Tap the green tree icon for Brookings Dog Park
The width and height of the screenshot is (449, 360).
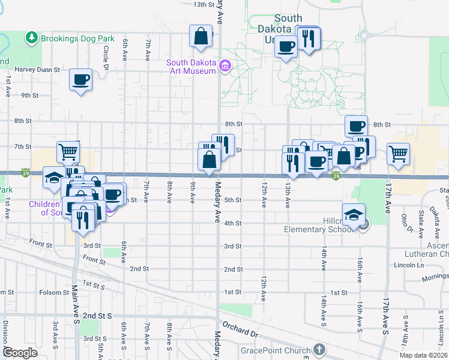(x=32, y=38)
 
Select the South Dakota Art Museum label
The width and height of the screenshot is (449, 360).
(x=191, y=67)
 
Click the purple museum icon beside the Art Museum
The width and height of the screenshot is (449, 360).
(x=225, y=65)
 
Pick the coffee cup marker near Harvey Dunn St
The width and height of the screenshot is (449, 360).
(x=80, y=80)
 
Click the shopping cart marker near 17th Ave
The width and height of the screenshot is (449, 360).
(x=398, y=154)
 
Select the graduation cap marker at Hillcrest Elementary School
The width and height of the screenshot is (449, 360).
(x=354, y=215)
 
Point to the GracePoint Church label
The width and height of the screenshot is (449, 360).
(x=275, y=350)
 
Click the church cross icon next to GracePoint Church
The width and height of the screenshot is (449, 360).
(x=319, y=349)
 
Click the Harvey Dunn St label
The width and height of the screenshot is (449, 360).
(x=38, y=69)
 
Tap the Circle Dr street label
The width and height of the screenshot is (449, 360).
(x=106, y=58)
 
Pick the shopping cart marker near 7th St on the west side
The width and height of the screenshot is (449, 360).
(x=68, y=152)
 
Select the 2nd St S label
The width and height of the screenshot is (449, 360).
(x=98, y=316)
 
